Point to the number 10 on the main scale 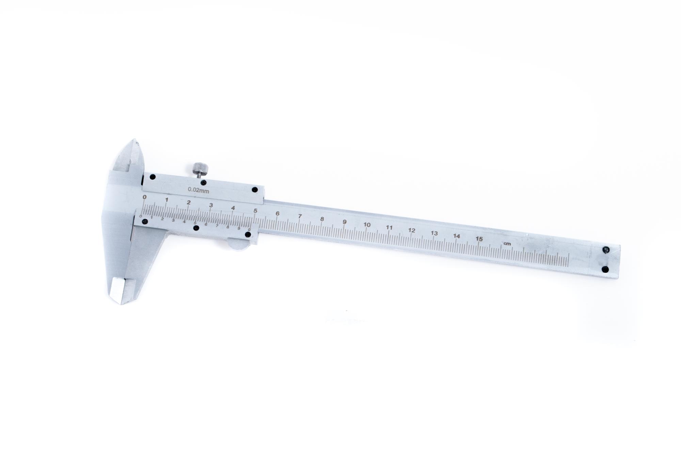(x=367, y=225)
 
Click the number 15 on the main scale (x=479, y=239)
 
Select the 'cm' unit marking (x=507, y=243)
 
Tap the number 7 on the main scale (x=300, y=216)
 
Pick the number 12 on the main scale (x=412, y=230)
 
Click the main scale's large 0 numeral (x=145, y=197)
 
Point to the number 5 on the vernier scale (x=195, y=223)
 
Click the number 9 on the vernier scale (x=239, y=229)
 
